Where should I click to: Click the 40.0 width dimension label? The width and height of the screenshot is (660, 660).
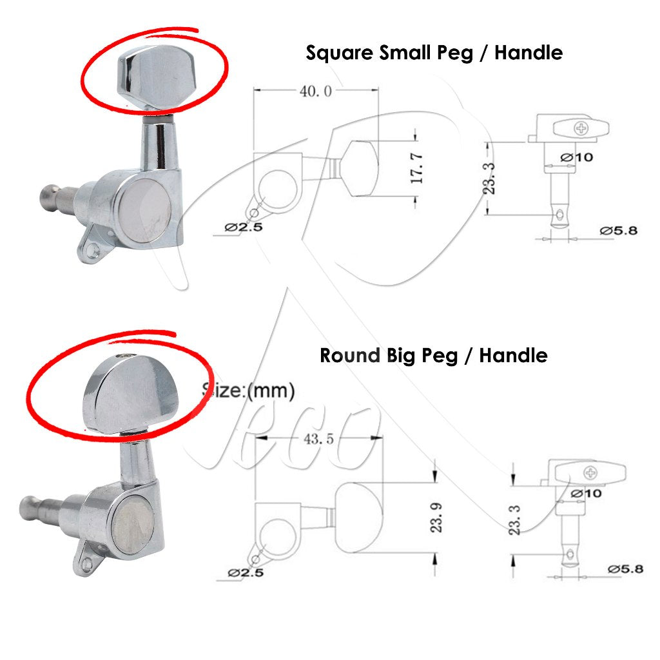[316, 91]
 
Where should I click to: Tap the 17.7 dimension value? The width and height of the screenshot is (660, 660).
[416, 168]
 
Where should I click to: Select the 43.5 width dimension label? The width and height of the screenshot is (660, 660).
[318, 439]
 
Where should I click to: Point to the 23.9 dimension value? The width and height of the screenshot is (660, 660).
[436, 518]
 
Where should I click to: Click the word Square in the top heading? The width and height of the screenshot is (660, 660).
[340, 53]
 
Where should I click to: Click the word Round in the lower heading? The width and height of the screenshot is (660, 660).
[350, 356]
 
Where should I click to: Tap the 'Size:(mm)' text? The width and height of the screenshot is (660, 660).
[248, 391]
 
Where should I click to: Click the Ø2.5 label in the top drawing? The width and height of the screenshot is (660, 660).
[244, 228]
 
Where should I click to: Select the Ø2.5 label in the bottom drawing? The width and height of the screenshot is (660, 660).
[246, 572]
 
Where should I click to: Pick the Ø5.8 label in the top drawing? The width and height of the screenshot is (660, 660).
[619, 231]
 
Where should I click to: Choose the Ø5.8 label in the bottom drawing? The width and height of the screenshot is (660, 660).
[625, 569]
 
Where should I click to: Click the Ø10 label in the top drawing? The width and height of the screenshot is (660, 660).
[577, 157]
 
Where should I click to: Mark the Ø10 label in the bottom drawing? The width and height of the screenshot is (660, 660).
[586, 493]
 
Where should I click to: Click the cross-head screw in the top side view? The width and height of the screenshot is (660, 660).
[581, 128]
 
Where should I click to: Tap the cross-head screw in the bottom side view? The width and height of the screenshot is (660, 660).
[590, 473]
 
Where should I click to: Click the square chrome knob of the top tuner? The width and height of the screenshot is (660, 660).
[157, 76]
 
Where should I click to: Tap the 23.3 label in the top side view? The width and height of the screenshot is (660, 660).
[489, 179]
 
